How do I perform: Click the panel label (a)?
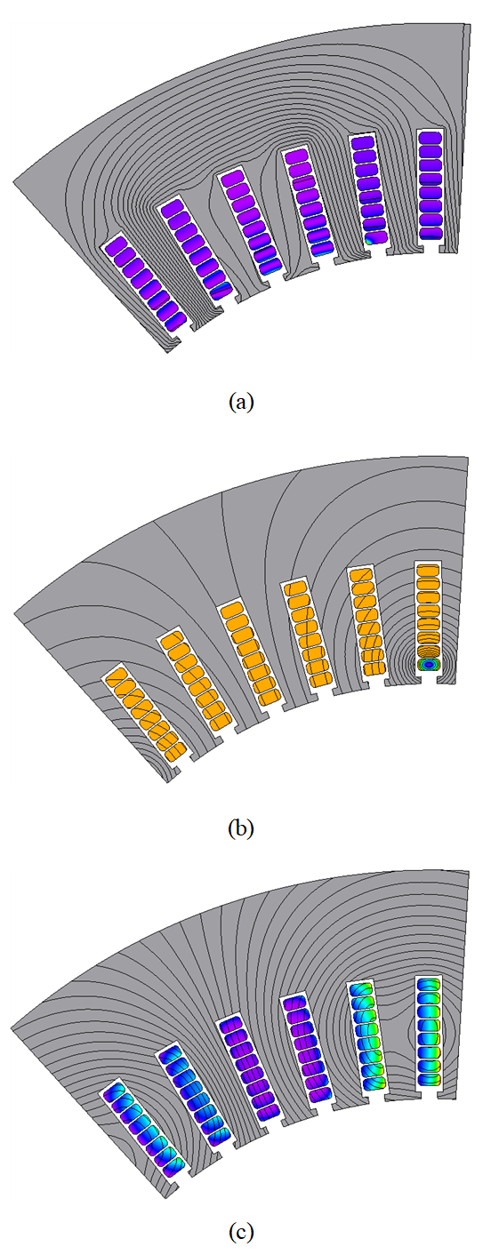pos(241,403)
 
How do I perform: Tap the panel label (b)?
pos(241,828)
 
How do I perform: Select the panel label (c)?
pos(241,1232)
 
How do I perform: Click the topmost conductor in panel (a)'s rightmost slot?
pos(431,137)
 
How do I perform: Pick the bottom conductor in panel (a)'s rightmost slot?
pos(431,233)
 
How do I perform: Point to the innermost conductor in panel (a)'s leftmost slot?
pos(174,321)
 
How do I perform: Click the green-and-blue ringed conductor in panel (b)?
pos(430,664)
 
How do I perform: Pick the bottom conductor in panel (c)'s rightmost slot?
pos(430,1078)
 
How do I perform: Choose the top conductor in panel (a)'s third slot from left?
pos(231,180)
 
